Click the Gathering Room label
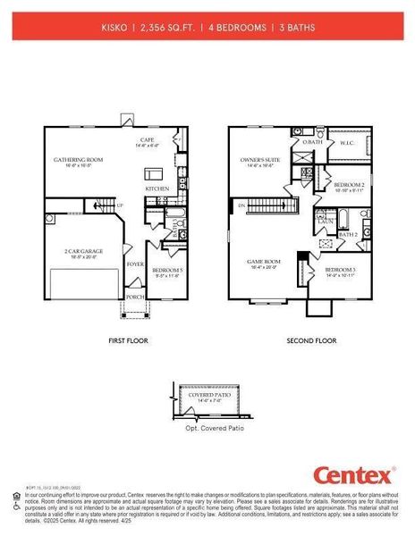(x=79, y=160)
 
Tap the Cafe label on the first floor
(x=148, y=141)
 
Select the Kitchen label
(x=157, y=189)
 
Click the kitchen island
(x=154, y=171)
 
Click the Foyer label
(x=135, y=264)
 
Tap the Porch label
(x=135, y=297)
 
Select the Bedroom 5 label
(x=167, y=271)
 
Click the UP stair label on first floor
(x=119, y=207)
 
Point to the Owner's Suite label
(x=260, y=161)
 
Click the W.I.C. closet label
(x=347, y=142)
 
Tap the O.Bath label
(x=311, y=142)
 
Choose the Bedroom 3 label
(x=340, y=270)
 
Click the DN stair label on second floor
(x=241, y=205)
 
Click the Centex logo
(x=353, y=474)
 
